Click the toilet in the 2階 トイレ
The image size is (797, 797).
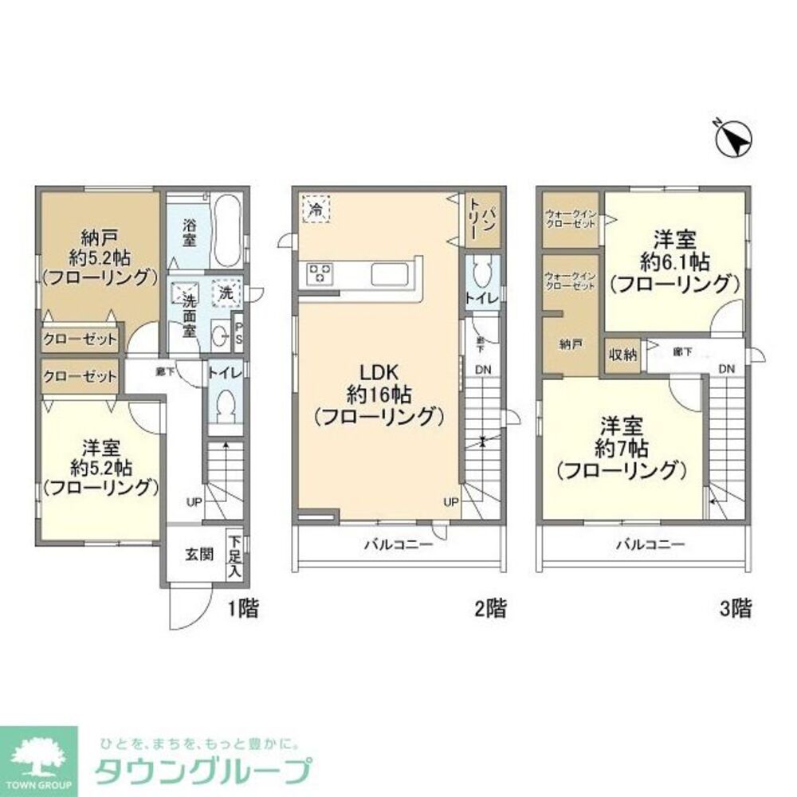481,276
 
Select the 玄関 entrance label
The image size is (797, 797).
199,554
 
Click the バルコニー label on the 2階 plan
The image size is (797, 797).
398,546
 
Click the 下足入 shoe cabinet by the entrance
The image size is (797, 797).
234,555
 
